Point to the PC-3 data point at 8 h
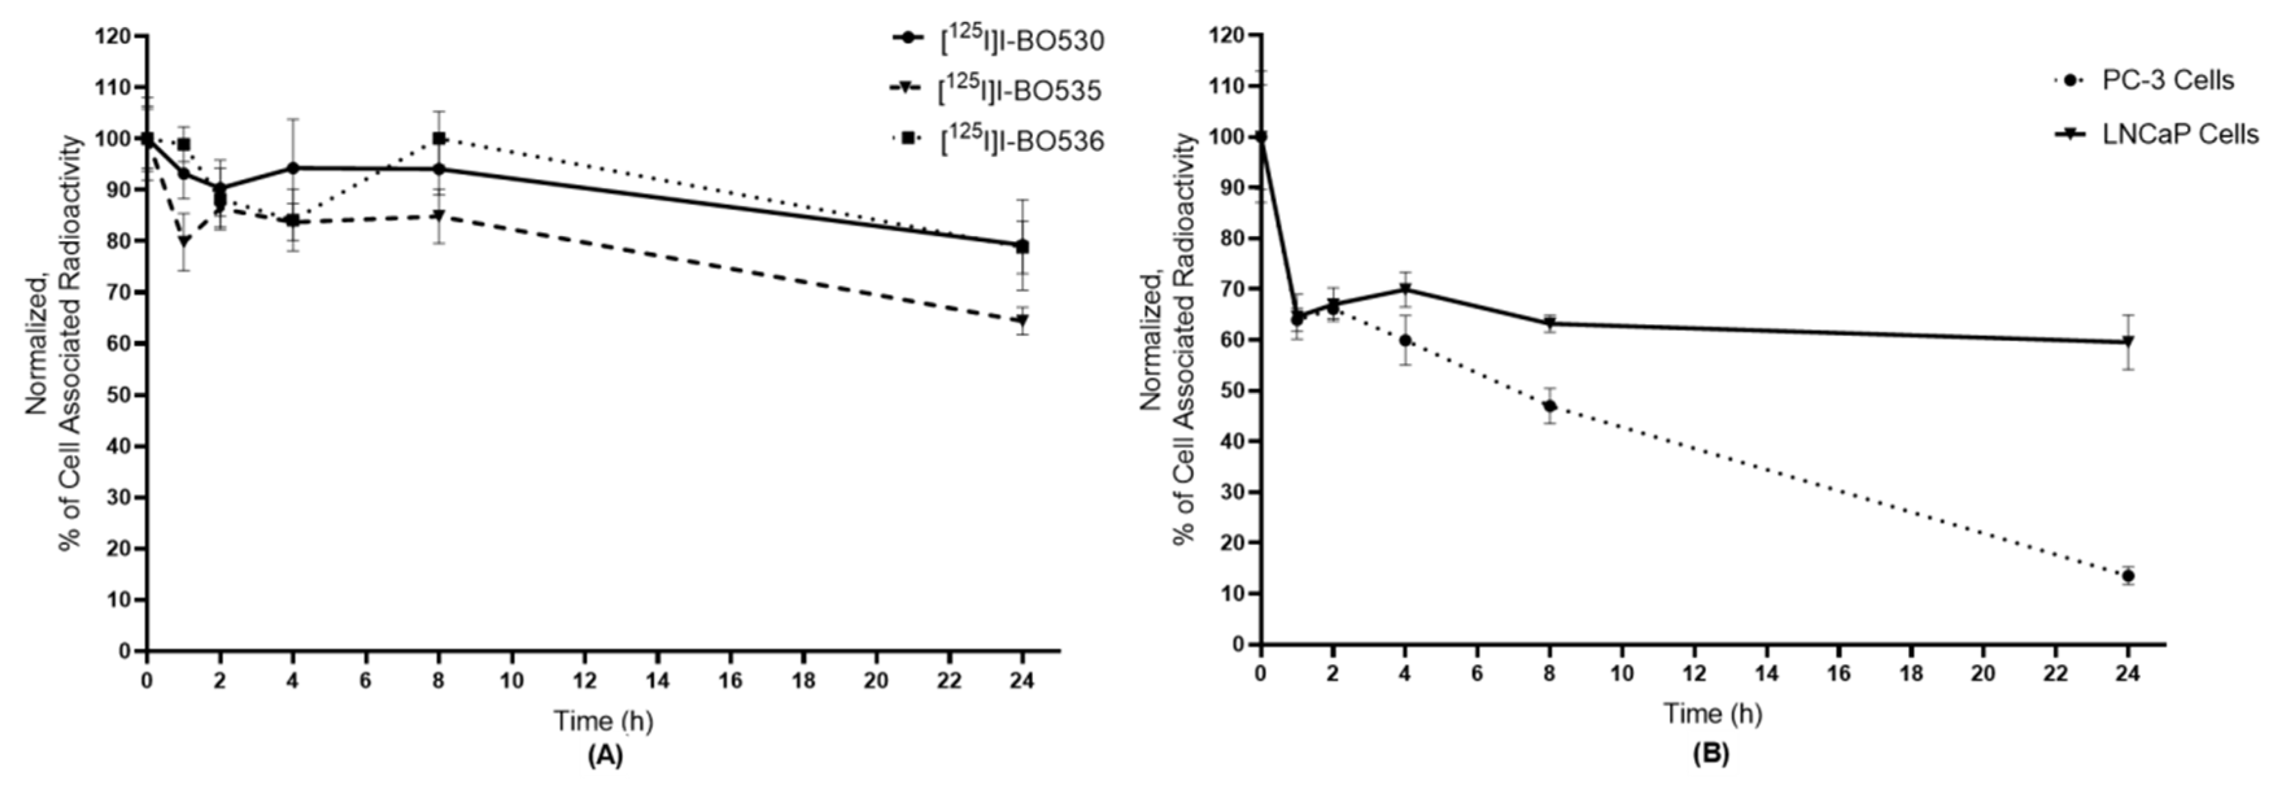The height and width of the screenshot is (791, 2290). tap(1549, 406)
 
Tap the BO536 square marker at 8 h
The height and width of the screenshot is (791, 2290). tap(439, 139)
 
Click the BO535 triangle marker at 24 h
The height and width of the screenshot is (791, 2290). tap(1022, 320)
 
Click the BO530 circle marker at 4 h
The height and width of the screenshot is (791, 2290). tap(292, 168)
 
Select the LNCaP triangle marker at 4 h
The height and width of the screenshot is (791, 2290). tap(1405, 289)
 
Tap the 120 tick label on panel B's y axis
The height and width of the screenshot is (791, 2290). tap(1228, 36)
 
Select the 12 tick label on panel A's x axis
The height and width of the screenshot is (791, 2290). tap(584, 680)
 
